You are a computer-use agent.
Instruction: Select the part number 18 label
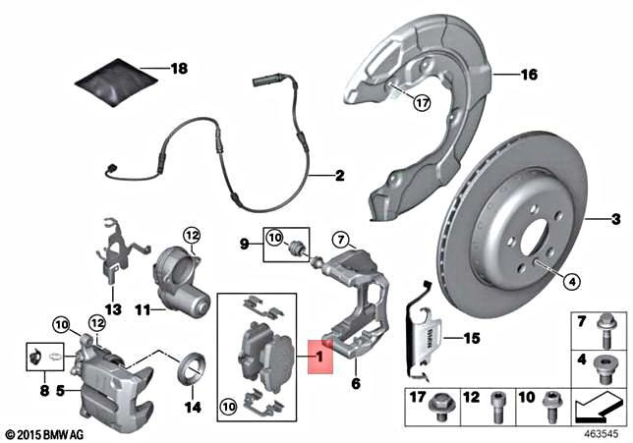[178, 69]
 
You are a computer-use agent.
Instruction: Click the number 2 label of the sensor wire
[339, 177]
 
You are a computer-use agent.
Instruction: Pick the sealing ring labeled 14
[191, 370]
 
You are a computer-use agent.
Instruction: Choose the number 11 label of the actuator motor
[143, 309]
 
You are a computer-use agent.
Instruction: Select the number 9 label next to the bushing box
[246, 239]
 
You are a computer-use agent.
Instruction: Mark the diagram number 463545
[604, 432]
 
